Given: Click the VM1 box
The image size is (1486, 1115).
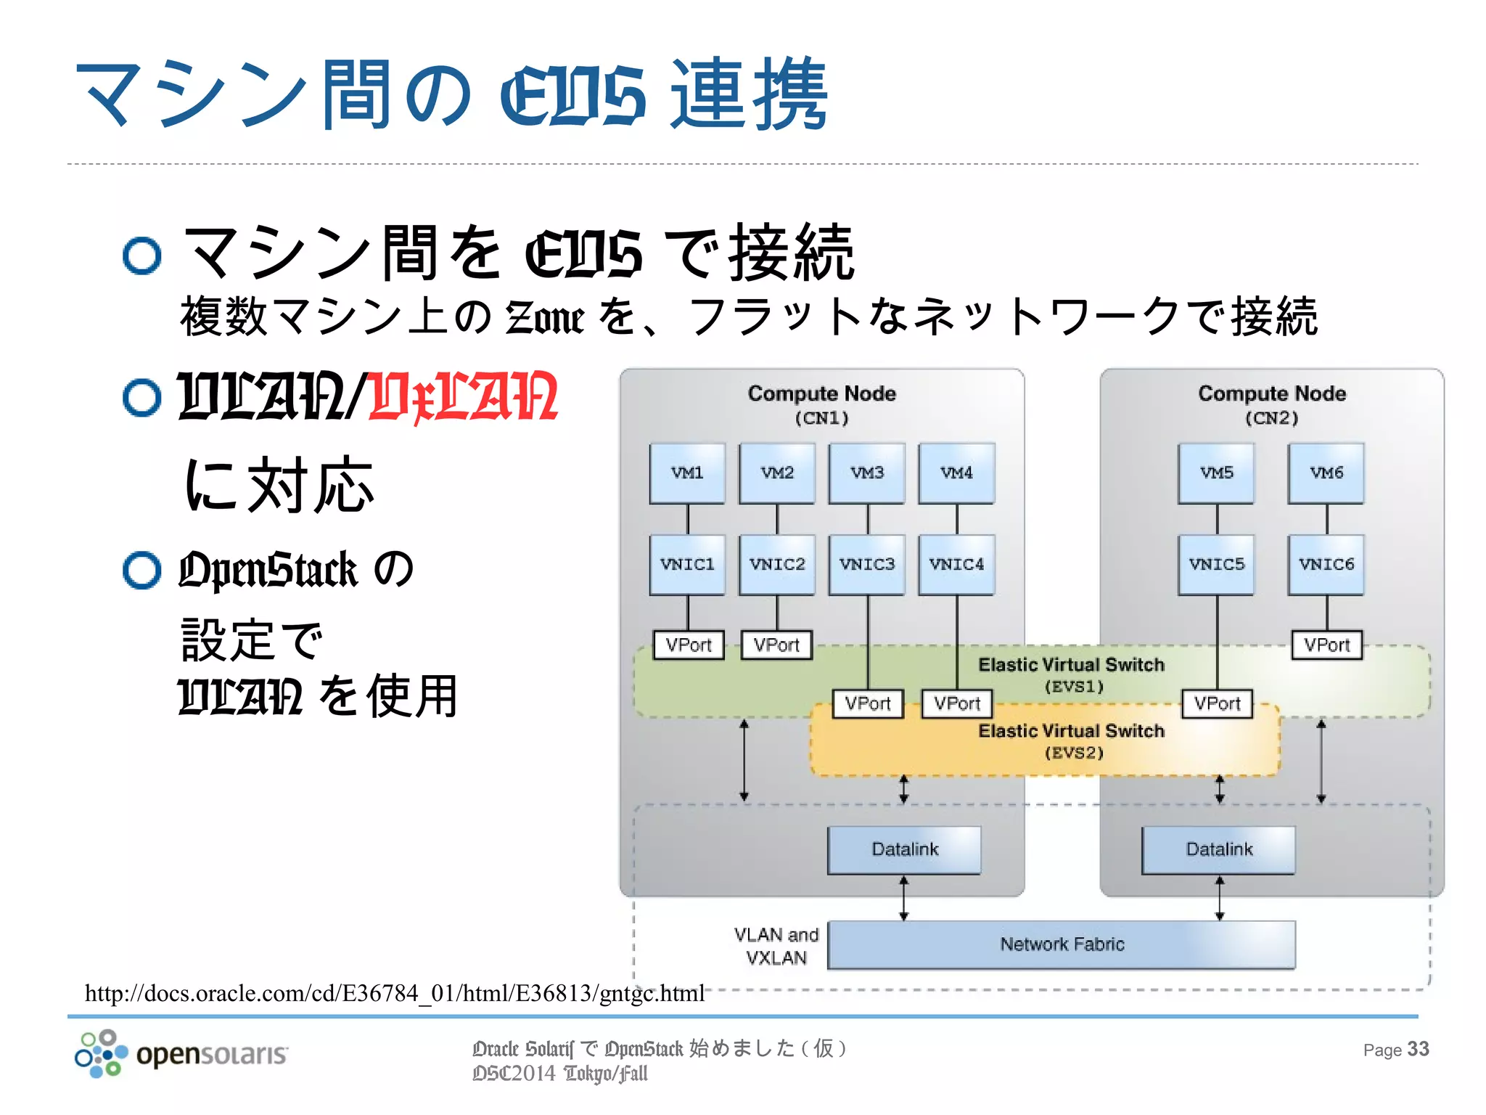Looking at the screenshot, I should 687,473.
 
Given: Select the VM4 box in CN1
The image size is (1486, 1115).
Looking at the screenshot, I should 956,473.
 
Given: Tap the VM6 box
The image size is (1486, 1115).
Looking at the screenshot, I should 1326,473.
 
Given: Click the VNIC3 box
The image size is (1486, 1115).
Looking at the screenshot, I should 867,565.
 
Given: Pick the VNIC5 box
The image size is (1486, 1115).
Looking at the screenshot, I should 1217,565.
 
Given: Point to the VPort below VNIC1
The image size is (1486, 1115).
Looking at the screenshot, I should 689,645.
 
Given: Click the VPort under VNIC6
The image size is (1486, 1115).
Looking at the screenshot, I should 1326,645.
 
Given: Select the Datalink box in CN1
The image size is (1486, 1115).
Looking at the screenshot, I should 904,849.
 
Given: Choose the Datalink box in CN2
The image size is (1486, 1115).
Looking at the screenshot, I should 1218,849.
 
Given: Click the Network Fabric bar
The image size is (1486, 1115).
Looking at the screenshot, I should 1062,944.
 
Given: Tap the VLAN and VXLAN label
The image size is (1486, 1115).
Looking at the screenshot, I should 776,946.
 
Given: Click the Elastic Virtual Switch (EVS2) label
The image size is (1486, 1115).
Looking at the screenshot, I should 1072,740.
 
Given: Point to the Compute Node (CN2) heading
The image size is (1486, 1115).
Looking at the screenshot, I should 1271,404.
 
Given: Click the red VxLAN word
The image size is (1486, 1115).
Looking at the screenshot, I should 463,397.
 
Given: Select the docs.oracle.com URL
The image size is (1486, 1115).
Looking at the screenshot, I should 394,993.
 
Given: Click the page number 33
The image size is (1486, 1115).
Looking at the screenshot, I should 1418,1049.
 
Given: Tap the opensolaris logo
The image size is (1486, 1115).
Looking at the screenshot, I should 181,1053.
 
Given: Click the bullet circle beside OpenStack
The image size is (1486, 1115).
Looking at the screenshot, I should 141,570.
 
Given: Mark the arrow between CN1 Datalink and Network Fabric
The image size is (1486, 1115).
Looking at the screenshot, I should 903,898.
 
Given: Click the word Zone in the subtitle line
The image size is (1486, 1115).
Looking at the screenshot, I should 544,318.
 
